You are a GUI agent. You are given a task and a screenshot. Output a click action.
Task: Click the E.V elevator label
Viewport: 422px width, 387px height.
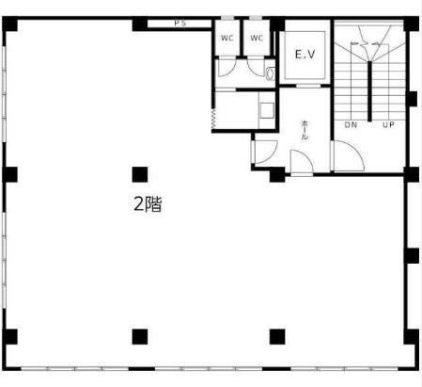point(305,55)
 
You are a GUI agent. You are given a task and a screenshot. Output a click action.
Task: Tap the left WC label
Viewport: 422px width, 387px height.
point(227,38)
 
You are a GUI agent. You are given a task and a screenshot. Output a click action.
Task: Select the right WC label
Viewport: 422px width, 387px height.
point(257,38)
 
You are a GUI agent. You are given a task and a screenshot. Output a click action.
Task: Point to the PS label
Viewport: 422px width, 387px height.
point(180,24)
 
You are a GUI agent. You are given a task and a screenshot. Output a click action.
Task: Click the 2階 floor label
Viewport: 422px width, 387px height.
point(148,204)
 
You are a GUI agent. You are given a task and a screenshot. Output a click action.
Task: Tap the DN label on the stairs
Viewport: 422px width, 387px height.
point(351,125)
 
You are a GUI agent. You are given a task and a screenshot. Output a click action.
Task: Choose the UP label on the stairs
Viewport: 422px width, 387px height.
point(388,125)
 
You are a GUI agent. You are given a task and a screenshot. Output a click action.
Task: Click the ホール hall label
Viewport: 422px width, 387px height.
point(305,130)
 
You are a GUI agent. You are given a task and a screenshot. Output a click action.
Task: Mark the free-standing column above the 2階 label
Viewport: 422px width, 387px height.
point(140,174)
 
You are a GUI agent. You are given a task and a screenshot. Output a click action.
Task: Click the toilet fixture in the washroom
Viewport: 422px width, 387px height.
point(270,73)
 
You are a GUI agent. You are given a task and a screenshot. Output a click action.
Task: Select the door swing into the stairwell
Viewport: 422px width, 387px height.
point(349,155)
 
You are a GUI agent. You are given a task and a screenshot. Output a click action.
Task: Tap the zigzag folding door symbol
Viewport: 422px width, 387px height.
point(213,119)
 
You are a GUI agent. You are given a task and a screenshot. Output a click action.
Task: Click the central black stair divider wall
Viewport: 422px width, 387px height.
point(369,91)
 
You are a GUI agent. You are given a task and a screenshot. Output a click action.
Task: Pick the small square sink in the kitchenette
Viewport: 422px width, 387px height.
point(267,110)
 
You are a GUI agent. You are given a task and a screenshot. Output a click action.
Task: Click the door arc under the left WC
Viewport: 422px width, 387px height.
point(225,68)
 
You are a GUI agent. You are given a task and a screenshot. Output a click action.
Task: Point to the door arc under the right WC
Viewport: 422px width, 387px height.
point(256,67)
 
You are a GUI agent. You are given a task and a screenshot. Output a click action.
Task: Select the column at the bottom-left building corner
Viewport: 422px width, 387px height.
point(9,337)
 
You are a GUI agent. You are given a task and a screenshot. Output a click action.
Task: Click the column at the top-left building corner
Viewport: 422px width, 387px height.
point(9,24)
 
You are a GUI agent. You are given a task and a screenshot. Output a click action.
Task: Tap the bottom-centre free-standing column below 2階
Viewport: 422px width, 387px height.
point(140,337)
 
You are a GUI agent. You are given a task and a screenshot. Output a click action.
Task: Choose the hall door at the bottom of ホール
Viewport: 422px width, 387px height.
point(302,161)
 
